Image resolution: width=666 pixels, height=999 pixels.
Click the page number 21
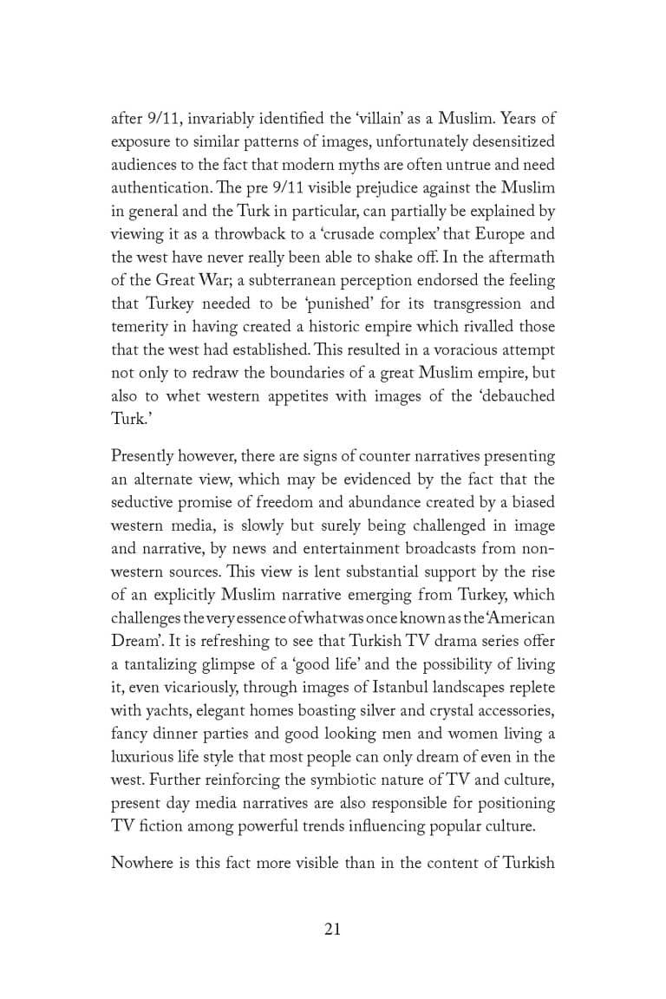click(332, 929)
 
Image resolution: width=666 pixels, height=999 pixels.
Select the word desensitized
click(506, 141)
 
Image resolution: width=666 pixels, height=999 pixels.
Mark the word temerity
click(141, 327)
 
